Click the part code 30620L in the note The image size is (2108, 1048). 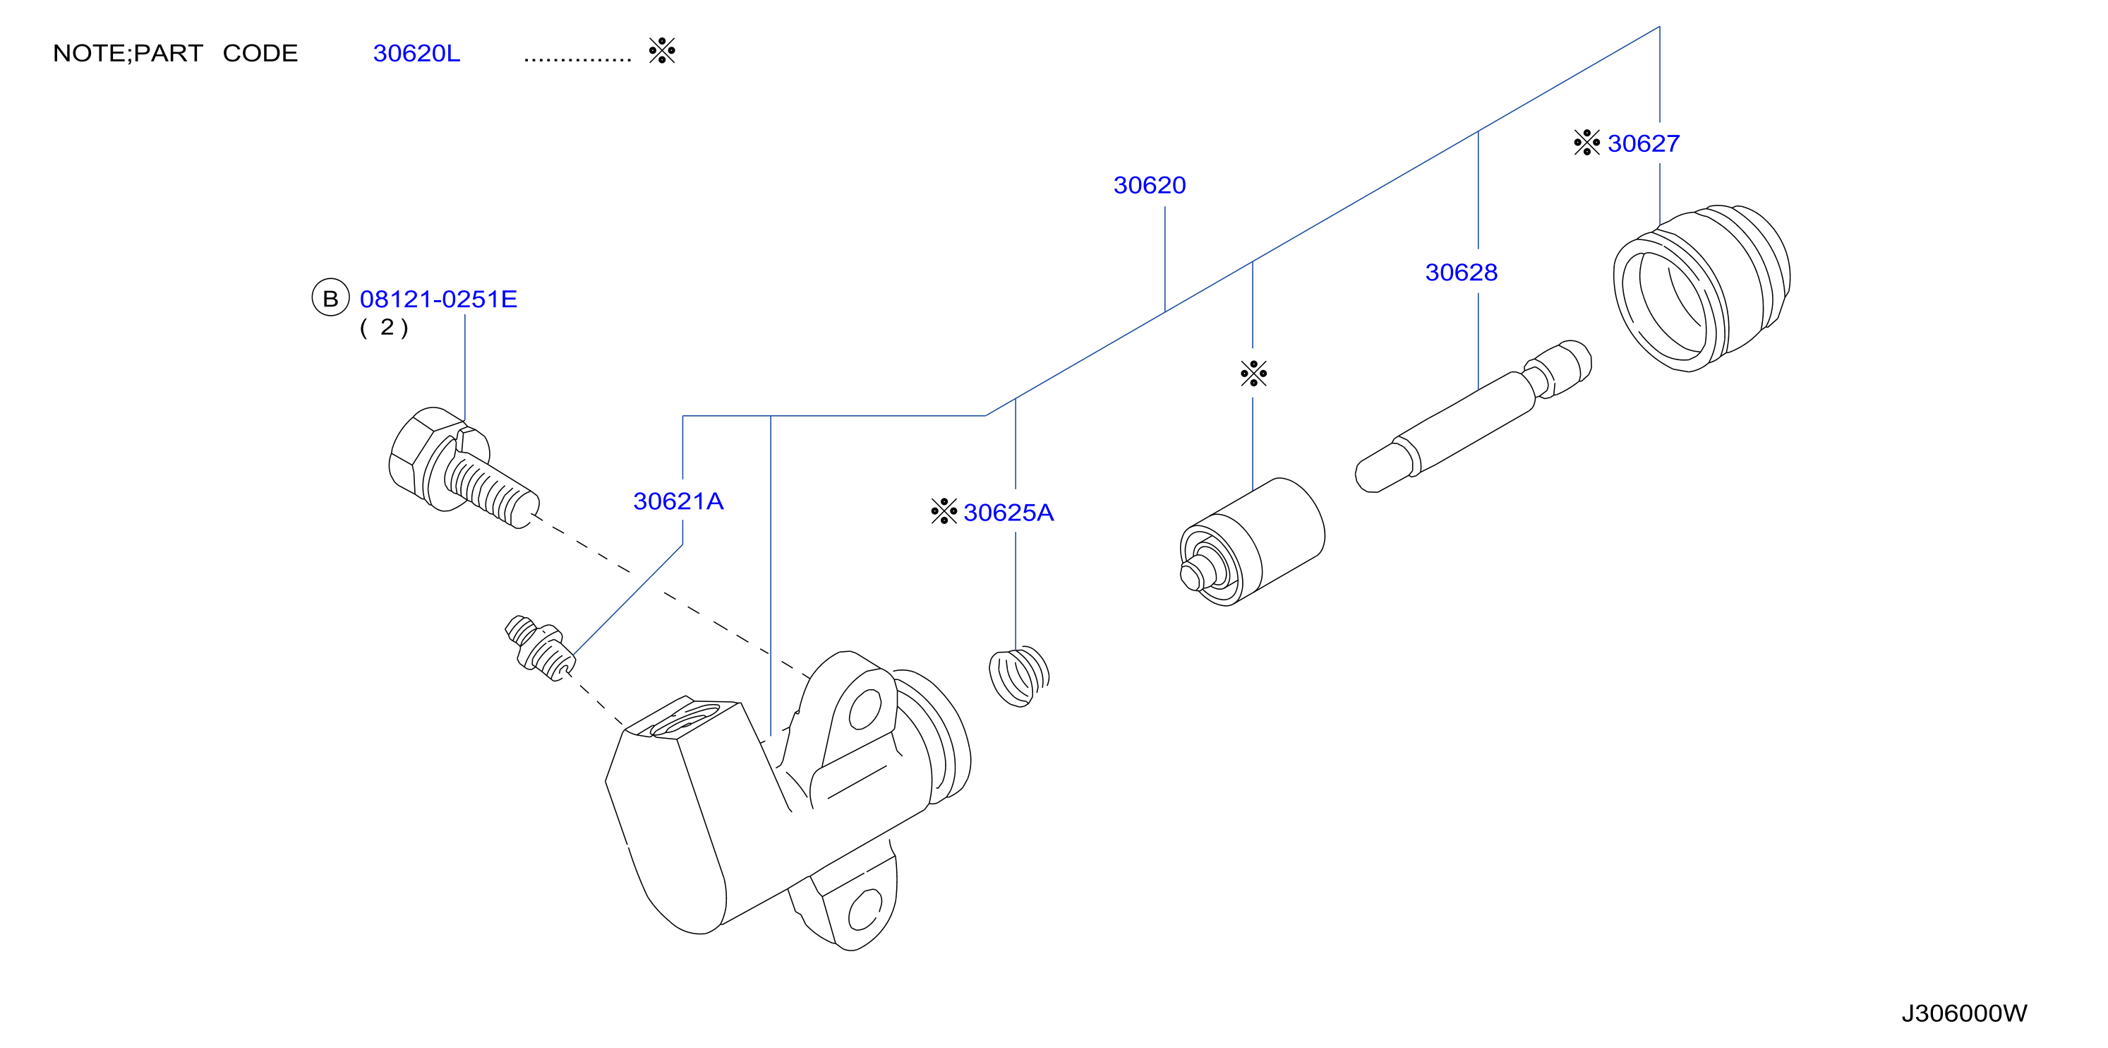pyautogui.click(x=416, y=53)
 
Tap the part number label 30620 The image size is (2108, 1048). pyautogui.click(x=1149, y=185)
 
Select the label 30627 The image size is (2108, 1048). pyautogui.click(x=1643, y=143)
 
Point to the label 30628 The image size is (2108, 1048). pyautogui.click(x=1461, y=272)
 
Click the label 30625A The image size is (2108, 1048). pyautogui.click(x=1008, y=513)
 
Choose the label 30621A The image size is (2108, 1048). pyautogui.click(x=678, y=501)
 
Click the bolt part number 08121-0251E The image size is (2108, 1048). pyautogui.click(x=439, y=299)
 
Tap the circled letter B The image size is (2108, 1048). pyautogui.click(x=330, y=298)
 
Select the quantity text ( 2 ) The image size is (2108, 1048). pyautogui.click(x=384, y=328)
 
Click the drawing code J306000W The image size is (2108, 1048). pyautogui.click(x=1964, y=1013)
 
